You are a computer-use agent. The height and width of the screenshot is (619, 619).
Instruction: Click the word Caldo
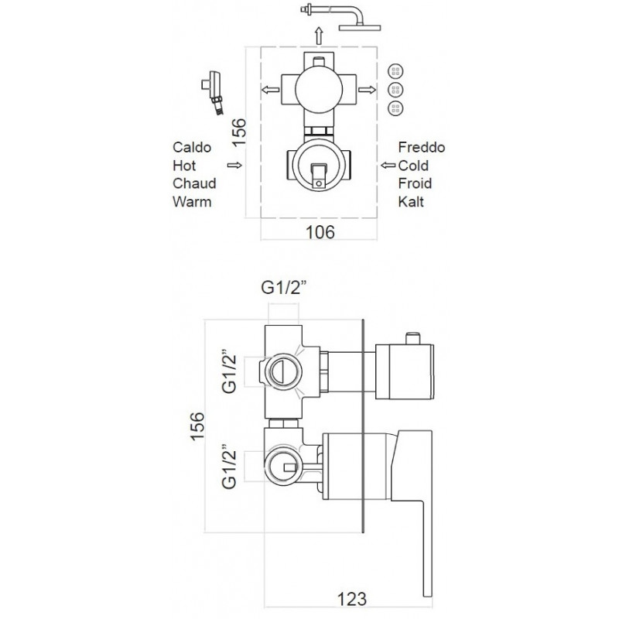(x=192, y=147)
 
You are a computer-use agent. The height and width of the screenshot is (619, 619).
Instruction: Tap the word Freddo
(x=422, y=147)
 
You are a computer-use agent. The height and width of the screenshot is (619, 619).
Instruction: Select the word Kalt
(x=411, y=202)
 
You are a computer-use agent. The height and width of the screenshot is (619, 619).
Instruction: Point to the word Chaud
(x=194, y=183)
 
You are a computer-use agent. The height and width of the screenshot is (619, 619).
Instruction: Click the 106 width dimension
(x=320, y=232)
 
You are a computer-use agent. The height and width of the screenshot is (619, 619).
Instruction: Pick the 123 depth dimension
(x=352, y=598)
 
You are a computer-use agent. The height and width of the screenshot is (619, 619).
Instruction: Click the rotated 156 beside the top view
(x=239, y=132)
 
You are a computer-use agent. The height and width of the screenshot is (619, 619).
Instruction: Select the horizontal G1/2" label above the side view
(x=284, y=288)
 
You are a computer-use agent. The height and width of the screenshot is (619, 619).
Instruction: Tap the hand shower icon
(x=214, y=93)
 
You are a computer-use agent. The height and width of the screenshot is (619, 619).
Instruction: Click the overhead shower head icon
(x=340, y=18)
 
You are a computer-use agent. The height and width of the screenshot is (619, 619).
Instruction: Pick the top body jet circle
(x=395, y=71)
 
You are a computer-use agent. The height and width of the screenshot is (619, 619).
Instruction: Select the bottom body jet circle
(x=395, y=108)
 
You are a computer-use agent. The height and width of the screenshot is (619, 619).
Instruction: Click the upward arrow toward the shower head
(x=319, y=36)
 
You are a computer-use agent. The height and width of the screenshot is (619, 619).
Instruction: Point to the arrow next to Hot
(x=234, y=166)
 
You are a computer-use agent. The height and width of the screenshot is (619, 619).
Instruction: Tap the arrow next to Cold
(x=388, y=166)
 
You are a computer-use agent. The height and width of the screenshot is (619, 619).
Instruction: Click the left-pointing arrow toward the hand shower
(x=270, y=90)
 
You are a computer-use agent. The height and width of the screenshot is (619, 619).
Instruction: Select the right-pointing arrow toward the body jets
(x=367, y=90)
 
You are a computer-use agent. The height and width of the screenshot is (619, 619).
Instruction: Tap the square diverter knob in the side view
(x=405, y=372)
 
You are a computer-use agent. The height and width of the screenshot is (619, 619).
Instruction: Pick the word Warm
(x=192, y=202)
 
